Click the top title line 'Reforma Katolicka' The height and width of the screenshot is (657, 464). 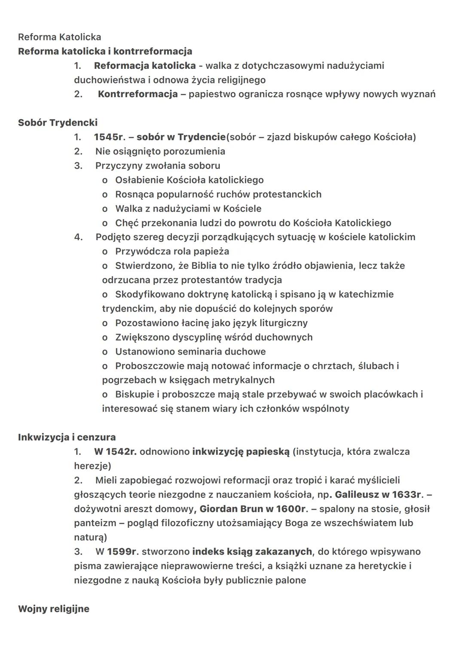59,37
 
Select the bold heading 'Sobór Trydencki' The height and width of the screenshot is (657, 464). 58,123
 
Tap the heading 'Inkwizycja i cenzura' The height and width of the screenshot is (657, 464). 67,437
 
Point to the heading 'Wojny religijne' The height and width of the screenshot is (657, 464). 54,609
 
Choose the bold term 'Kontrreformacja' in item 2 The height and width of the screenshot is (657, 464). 137,94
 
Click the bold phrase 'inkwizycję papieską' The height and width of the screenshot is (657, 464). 241,451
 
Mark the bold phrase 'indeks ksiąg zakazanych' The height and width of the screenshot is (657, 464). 252,552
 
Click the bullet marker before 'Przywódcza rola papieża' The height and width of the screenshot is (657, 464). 104,252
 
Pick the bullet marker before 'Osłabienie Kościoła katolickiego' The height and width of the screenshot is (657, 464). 104,180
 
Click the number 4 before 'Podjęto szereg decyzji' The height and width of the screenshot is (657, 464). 78,237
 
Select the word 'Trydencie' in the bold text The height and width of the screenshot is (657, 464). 201,137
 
